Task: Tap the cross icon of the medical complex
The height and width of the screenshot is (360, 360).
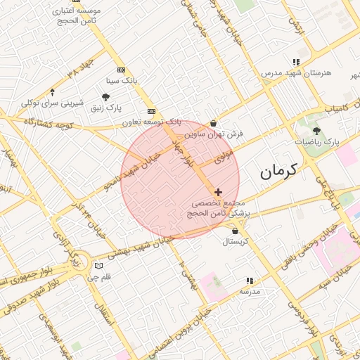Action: [x=219, y=192]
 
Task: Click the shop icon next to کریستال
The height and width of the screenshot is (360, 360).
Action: [x=234, y=231]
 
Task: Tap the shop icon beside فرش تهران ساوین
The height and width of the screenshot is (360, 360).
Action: [x=214, y=123]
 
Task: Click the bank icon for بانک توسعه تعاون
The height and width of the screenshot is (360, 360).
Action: [x=151, y=112]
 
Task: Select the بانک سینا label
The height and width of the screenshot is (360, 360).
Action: [x=120, y=81]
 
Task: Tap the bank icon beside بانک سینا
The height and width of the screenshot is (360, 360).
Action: [x=121, y=70]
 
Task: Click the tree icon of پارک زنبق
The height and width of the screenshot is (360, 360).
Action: [x=105, y=98]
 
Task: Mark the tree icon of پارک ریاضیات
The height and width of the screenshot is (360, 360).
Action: [x=316, y=131]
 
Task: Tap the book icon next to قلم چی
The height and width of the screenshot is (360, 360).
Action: [x=98, y=266]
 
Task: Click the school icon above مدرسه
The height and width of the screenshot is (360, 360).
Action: [x=247, y=281]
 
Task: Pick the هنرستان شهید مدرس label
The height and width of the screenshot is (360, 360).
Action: [x=291, y=73]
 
